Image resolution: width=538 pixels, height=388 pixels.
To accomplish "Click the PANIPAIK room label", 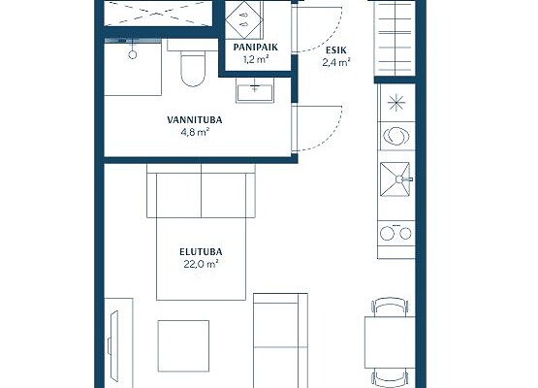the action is point(255,48).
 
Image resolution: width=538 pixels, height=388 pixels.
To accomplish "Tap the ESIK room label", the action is point(336,50).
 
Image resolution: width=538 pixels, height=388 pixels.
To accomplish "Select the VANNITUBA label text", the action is point(195,120).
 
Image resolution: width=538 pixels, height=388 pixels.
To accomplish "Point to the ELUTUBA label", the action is point(201,252).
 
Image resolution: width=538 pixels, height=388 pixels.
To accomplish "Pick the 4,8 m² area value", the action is point(195,132).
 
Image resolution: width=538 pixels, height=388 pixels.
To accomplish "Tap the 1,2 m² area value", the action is point(255,59).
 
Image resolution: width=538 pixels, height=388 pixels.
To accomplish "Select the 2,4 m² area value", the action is point(336,62).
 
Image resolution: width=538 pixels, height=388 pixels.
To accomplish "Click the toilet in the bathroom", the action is point(193,68).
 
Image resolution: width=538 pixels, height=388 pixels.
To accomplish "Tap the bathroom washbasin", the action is point(255,90).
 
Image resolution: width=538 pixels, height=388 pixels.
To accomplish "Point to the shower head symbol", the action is point(133,54).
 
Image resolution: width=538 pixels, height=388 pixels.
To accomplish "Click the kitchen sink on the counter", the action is point(396,178).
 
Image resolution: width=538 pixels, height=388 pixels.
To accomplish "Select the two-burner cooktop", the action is point(396,234).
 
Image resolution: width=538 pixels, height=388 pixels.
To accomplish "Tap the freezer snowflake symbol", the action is point(396,102).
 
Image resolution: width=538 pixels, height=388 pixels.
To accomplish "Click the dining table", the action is point(390,342).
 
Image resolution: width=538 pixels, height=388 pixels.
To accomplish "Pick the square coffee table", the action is point(183,346).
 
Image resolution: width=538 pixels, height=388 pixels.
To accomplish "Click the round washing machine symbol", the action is point(396,136).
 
